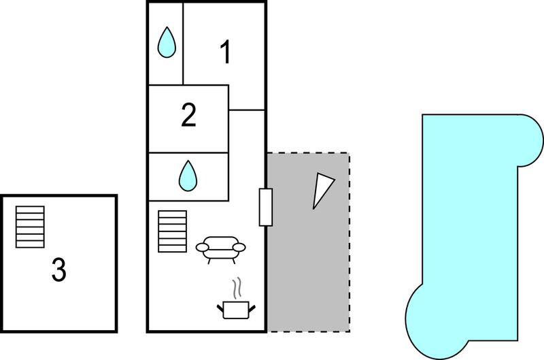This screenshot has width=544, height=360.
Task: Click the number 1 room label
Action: (x=226, y=52)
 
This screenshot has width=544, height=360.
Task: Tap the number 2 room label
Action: (x=188, y=114)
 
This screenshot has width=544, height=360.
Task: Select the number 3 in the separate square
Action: (x=58, y=269)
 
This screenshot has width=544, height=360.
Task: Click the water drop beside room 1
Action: (x=167, y=42)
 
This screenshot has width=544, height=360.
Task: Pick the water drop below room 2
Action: (x=188, y=176)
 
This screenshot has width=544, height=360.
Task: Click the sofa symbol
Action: (x=220, y=250)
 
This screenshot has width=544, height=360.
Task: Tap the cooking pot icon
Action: (x=236, y=310)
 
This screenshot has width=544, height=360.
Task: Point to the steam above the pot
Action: (x=237, y=288)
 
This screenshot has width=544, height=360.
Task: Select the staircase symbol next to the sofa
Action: (x=173, y=231)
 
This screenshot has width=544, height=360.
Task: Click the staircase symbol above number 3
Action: (x=30, y=227)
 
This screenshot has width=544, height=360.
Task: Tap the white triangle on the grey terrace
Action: (x=322, y=191)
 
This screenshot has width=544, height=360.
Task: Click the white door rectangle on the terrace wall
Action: (x=266, y=208)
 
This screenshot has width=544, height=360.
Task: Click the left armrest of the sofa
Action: (x=202, y=247)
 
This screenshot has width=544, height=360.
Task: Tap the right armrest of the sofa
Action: (x=239, y=247)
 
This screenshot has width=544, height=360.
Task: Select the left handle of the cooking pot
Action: (x=220, y=308)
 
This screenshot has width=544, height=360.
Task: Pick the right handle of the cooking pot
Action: (x=252, y=308)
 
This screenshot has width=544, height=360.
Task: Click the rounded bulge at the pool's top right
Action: (x=530, y=141)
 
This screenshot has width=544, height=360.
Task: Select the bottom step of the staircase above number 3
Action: (x=30, y=244)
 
